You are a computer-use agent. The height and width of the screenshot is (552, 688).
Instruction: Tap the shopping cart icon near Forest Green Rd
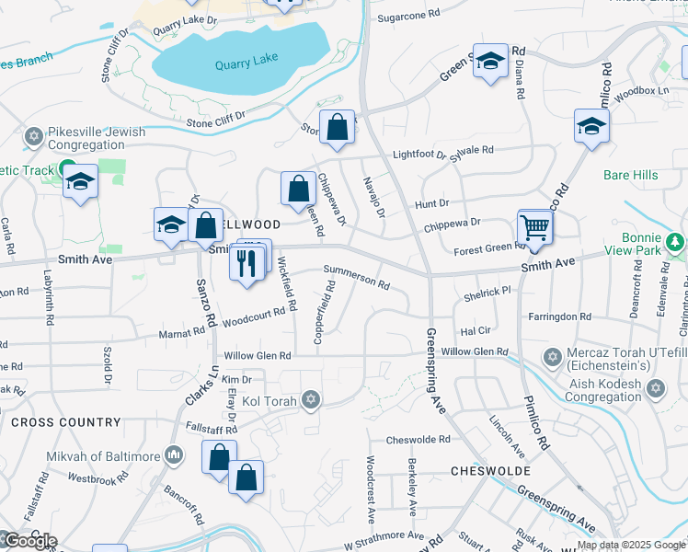[x=534, y=227]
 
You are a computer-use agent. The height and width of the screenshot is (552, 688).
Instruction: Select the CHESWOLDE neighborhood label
[x=490, y=471]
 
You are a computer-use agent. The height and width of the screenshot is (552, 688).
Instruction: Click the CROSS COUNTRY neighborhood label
[x=65, y=422]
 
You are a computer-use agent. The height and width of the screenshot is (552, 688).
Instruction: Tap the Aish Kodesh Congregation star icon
[x=656, y=388]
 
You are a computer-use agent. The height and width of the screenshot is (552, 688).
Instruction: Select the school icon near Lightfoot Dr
[x=591, y=128]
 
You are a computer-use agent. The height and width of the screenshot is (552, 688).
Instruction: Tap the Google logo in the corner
[x=29, y=541]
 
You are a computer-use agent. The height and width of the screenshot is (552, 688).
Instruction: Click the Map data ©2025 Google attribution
[x=631, y=546]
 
